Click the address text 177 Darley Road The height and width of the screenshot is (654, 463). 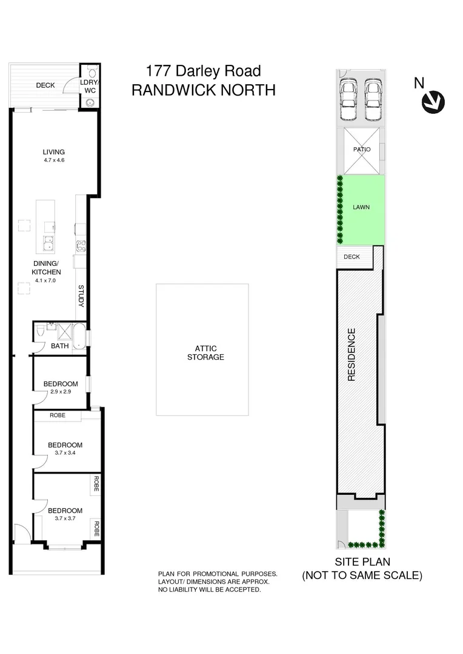pos(203,71)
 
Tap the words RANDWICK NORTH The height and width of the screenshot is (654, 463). pos(203,90)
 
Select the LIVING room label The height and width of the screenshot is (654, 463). pos(53,152)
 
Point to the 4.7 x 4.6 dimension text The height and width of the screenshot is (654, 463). pos(53,160)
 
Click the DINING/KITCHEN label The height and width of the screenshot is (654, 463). pos(48,268)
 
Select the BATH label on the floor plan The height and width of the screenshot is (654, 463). pos(59,346)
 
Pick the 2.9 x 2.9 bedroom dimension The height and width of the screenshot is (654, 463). pos(60,392)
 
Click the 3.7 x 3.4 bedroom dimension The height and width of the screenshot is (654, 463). pos(65,452)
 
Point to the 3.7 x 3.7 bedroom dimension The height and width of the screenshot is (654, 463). pos(65,518)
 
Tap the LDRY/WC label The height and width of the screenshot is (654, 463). pos(90,86)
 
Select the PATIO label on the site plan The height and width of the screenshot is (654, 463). pos(361,150)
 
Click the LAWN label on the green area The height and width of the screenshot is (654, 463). pos(361,207)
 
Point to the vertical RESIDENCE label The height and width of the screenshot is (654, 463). pos(351,354)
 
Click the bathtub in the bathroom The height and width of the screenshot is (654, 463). pos(79,334)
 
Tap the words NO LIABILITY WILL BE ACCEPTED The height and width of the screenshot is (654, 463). pos(209,589)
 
